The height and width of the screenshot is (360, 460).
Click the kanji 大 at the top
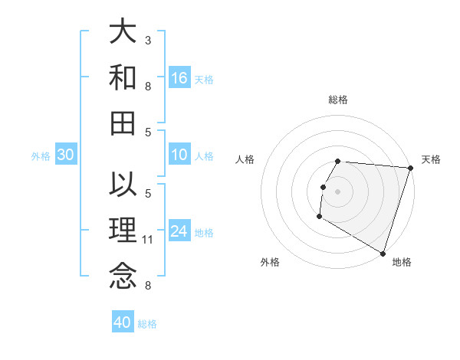tap(123, 32)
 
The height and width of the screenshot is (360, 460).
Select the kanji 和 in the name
tap(123, 77)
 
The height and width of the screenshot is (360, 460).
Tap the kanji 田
tap(123, 122)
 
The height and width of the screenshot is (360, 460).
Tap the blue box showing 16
tap(179, 78)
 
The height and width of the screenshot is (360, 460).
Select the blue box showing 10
tap(179, 155)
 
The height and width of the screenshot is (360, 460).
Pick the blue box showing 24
tap(179, 232)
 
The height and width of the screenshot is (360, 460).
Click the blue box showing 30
tap(66, 155)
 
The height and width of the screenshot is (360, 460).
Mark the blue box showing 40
tap(123, 322)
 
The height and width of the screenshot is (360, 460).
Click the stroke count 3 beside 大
tap(148, 40)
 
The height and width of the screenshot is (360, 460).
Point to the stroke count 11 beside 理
tap(148, 240)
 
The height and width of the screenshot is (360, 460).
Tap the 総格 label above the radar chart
tap(338, 100)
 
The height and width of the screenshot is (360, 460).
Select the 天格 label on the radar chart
tap(431, 159)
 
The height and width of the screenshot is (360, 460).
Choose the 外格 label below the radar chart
tap(270, 262)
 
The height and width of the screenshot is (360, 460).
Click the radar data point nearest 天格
tap(410, 169)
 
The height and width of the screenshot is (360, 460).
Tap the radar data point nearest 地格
tap(383, 253)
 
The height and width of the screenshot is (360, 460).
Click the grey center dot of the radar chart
tap(337, 191)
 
